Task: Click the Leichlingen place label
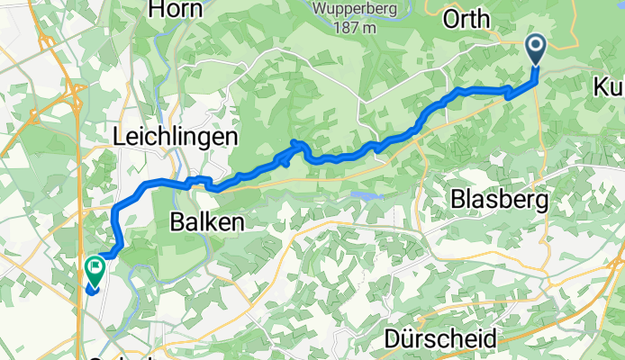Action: [x=176, y=137]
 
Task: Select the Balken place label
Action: [x=207, y=222]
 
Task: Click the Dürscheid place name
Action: [x=440, y=339]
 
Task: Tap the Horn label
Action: [x=177, y=10]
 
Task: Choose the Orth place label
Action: [x=467, y=18]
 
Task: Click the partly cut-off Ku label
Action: [x=609, y=87]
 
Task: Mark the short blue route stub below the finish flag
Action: [x=94, y=288]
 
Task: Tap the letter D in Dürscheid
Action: [x=392, y=339]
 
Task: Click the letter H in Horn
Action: [x=155, y=10]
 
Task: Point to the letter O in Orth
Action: [x=449, y=18]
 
